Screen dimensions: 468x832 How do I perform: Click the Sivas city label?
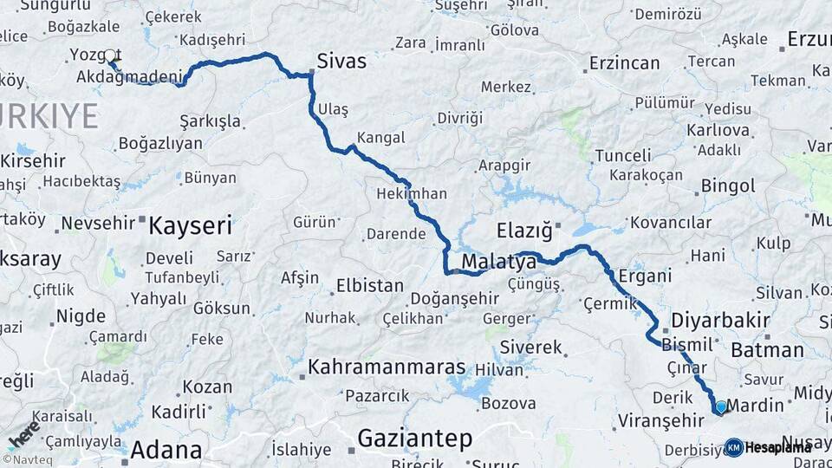341,61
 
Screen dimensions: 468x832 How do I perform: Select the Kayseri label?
191,226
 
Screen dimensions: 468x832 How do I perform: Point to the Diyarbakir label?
720,320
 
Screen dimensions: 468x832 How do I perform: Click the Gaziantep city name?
415,439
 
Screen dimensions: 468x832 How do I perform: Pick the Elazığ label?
524,231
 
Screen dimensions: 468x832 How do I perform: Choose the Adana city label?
166,451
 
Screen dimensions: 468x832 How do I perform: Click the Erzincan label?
624,63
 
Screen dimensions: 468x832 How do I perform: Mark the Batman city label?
767,350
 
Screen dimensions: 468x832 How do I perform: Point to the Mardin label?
755,405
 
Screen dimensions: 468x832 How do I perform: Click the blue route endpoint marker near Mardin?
720,406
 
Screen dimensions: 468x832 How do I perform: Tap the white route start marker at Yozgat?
110,56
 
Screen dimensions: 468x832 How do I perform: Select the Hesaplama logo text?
778,447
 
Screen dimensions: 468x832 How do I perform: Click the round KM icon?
733,447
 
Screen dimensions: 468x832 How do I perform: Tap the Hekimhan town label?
412,194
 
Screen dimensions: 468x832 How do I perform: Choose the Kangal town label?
380,138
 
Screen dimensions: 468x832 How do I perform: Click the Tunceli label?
623,156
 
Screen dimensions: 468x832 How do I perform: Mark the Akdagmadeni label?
128,77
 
